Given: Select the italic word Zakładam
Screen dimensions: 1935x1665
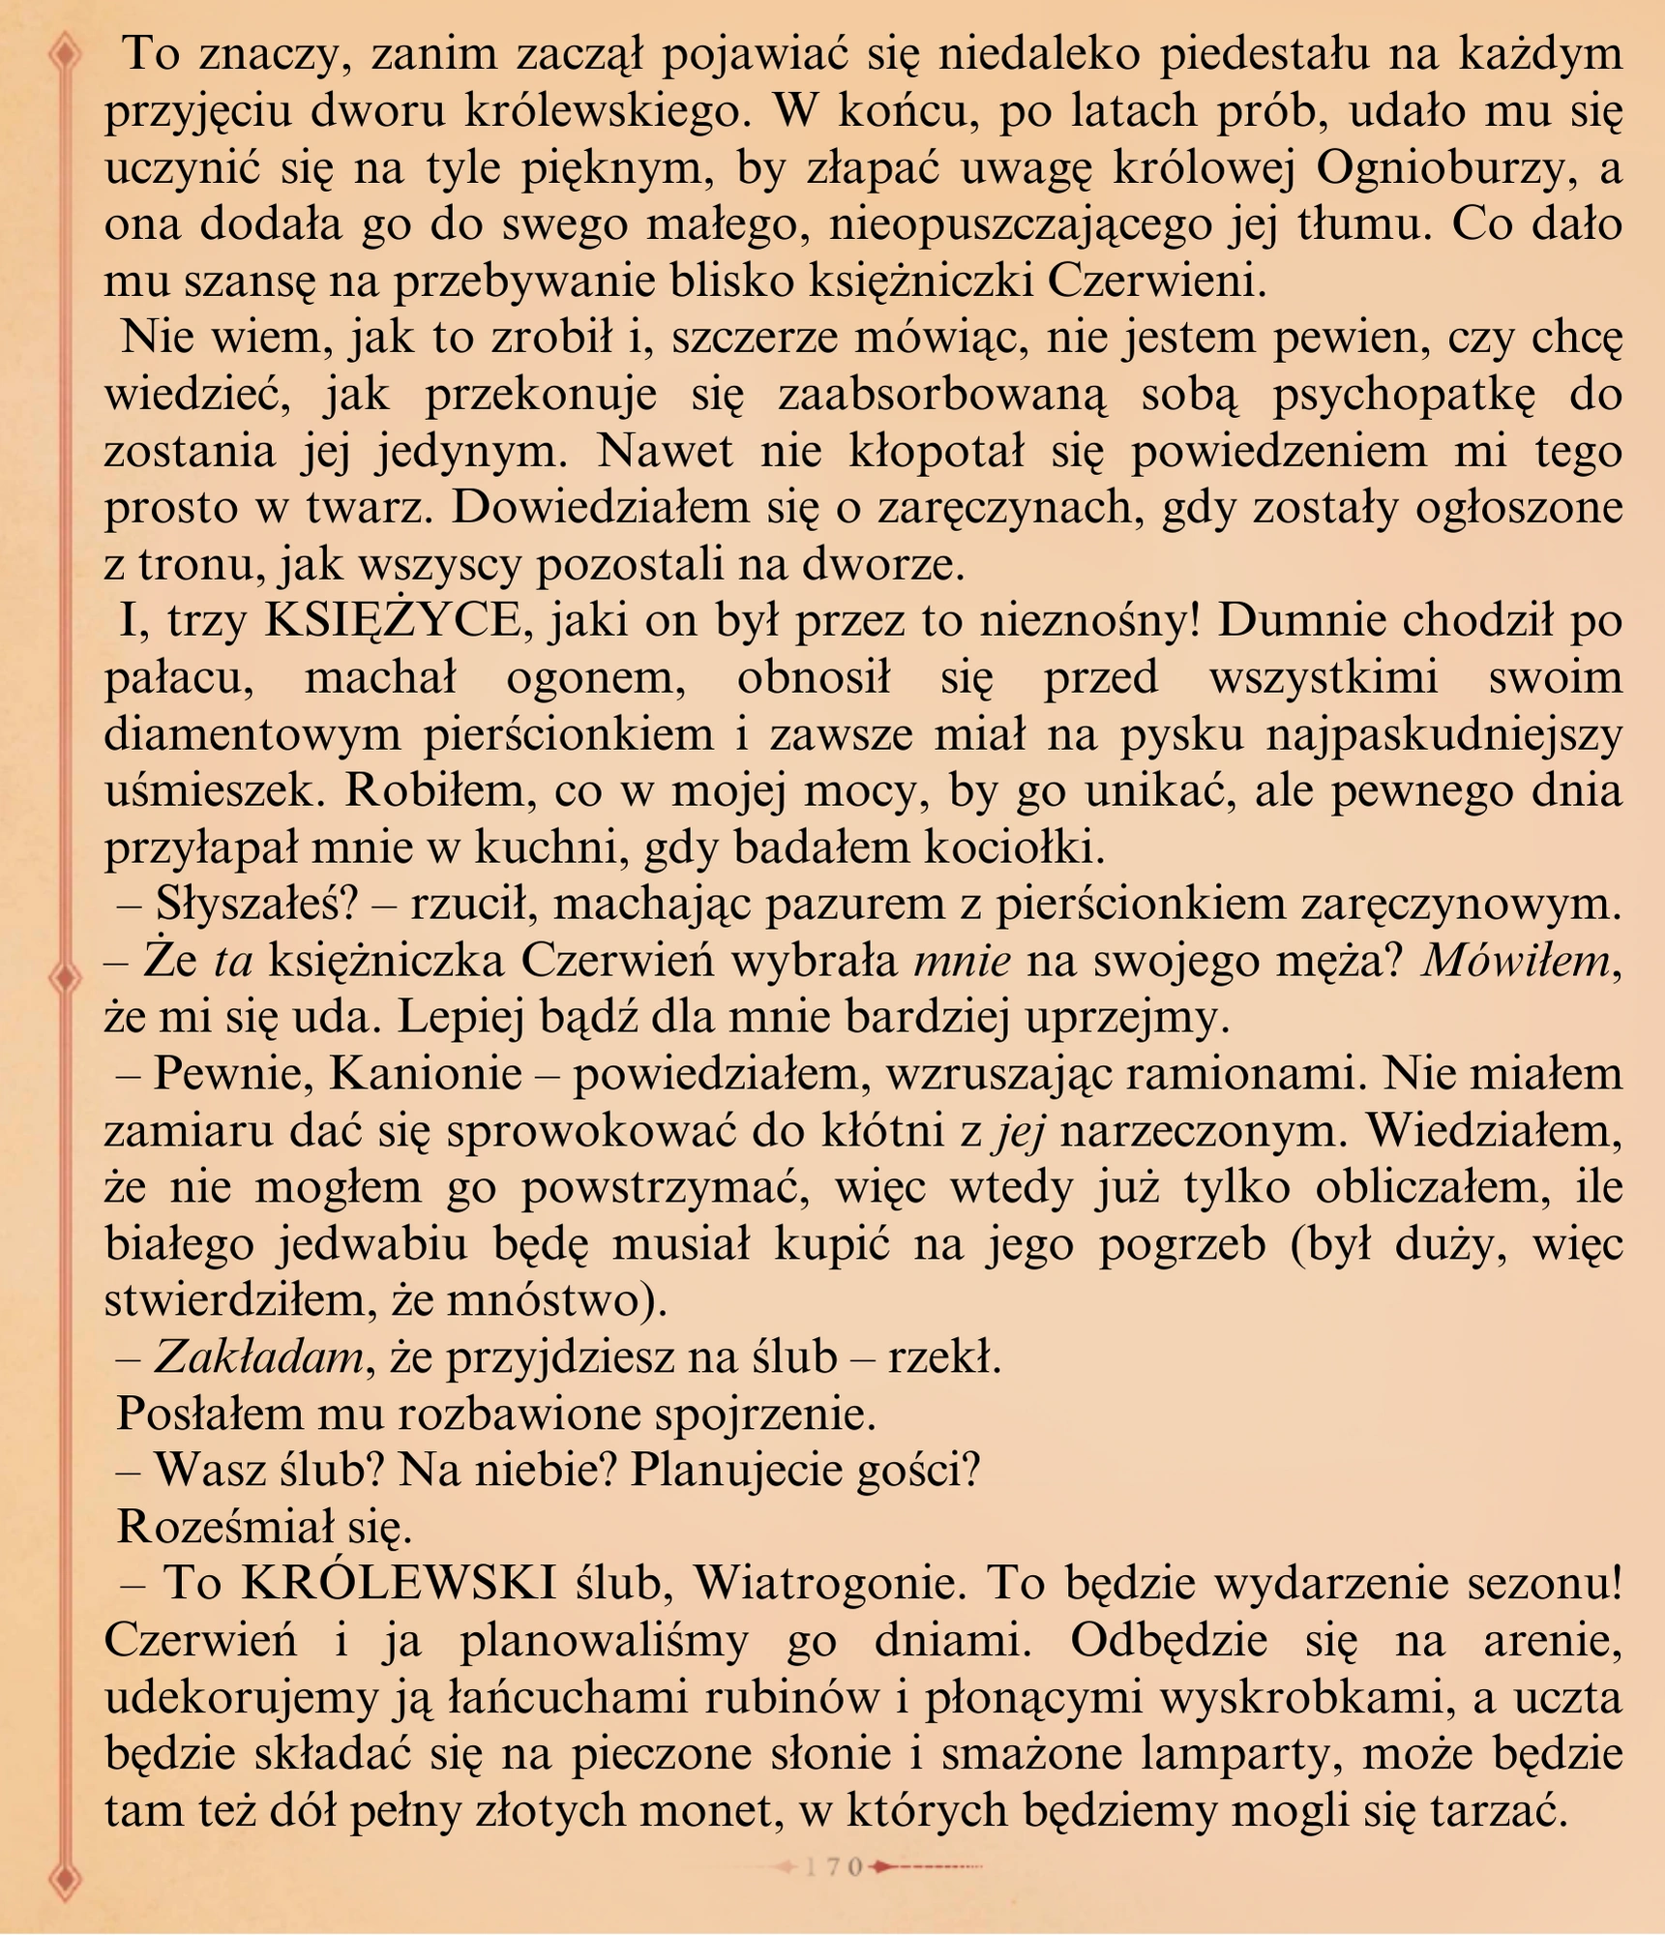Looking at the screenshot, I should [258, 1357].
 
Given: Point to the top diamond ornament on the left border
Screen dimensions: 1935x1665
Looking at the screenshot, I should [65, 53].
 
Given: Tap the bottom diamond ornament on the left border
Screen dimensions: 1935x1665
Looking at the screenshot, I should [65, 1882].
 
